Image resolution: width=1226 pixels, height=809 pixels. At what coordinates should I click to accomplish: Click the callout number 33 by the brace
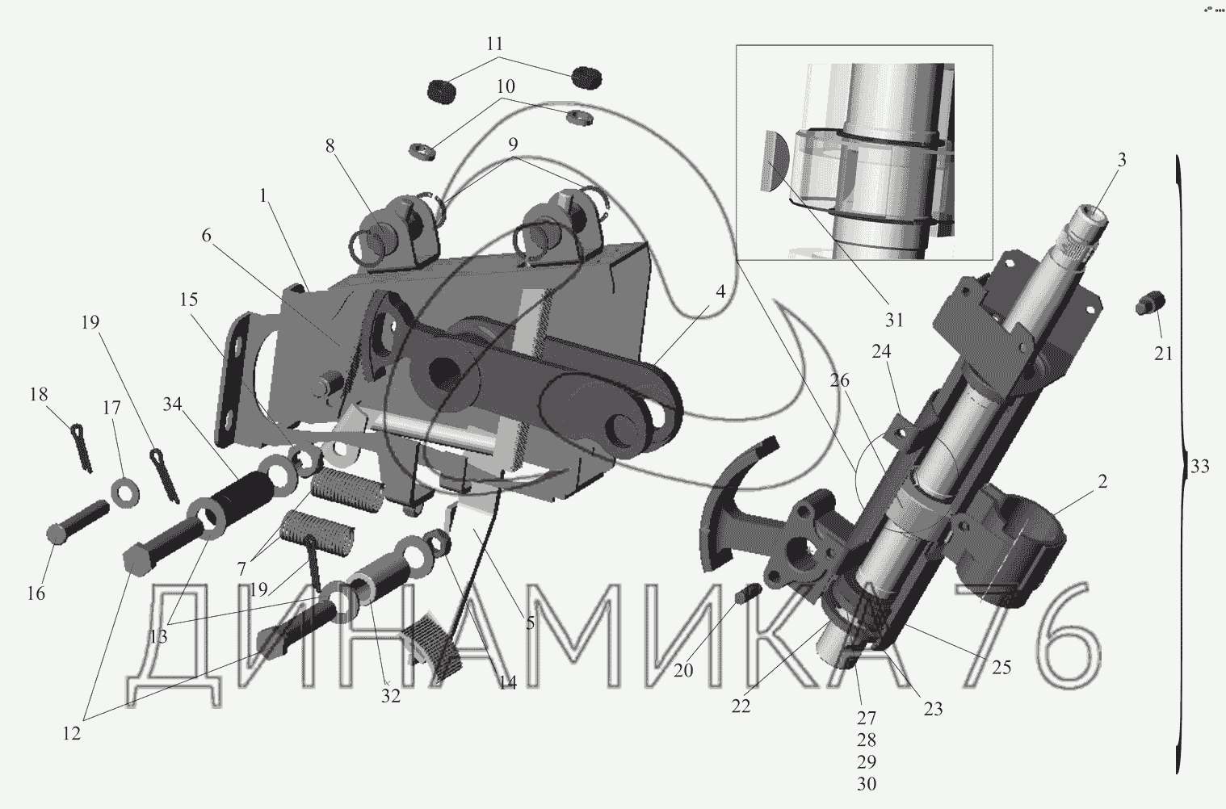coord(1199,466)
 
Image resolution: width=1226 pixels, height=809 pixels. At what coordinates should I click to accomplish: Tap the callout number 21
coord(1162,353)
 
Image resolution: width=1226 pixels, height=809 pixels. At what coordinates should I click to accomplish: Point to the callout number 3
coord(1121,159)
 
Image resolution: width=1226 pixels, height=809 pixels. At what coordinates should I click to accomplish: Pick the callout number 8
coord(330,146)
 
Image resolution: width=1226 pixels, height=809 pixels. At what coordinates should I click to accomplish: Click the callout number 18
coord(38,394)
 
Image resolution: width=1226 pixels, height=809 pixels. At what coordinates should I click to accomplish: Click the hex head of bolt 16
coord(57,534)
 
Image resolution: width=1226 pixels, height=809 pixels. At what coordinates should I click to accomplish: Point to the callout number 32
coord(391,695)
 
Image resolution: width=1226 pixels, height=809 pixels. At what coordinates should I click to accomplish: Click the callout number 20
coord(683,669)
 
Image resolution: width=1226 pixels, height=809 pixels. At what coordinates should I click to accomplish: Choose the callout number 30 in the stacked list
coord(866,783)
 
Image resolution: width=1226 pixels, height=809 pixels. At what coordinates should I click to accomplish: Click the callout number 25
coord(1001,668)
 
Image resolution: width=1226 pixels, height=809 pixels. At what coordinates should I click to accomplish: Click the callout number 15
coord(189,300)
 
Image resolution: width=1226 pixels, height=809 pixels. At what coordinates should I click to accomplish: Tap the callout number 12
coord(71,734)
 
